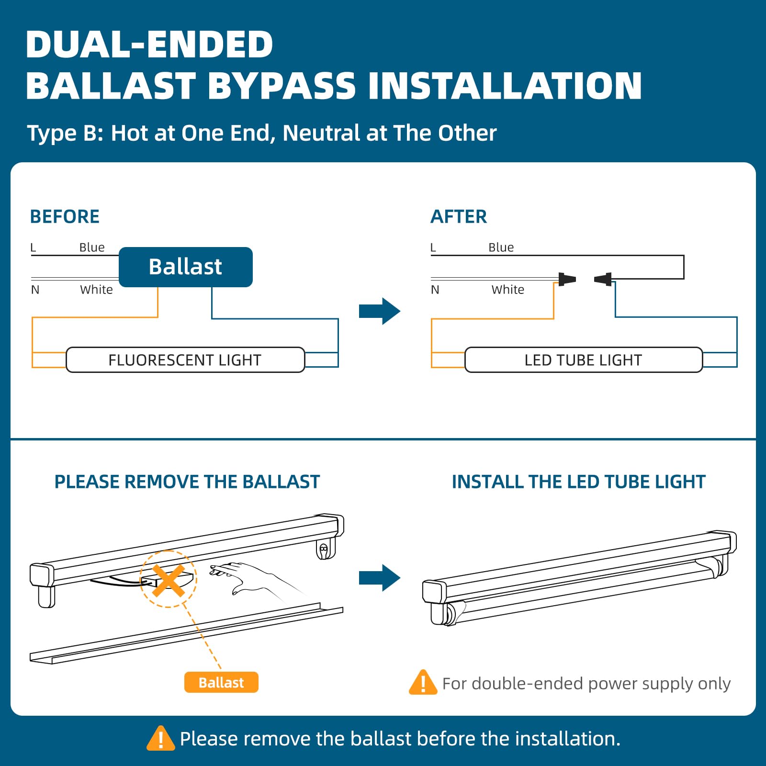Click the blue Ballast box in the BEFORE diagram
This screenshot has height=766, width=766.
tap(186, 267)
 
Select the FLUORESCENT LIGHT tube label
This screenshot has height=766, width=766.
tap(185, 360)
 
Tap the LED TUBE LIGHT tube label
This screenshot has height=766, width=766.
tap(583, 360)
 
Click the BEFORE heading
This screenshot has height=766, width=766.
tap(65, 217)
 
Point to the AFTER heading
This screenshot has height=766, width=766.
tap(459, 217)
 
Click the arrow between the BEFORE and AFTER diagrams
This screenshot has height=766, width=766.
tap(379, 311)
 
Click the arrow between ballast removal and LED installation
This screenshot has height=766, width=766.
tap(379, 578)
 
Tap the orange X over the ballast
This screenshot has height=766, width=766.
tap(168, 580)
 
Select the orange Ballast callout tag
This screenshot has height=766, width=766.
tap(221, 682)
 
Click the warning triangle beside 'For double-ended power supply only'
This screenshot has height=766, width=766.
tap(423, 683)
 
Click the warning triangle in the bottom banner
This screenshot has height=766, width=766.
tap(161, 739)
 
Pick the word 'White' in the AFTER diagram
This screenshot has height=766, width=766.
tap(507, 290)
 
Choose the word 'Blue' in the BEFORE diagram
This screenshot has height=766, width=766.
tap(92, 248)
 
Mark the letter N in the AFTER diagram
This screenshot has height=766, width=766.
tap(435, 290)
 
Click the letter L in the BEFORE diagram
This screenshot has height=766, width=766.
tap(33, 248)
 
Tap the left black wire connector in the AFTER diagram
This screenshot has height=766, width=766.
tap(567, 279)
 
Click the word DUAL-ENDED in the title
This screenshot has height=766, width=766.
tap(149, 45)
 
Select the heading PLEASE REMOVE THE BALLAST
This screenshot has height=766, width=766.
tap(187, 482)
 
